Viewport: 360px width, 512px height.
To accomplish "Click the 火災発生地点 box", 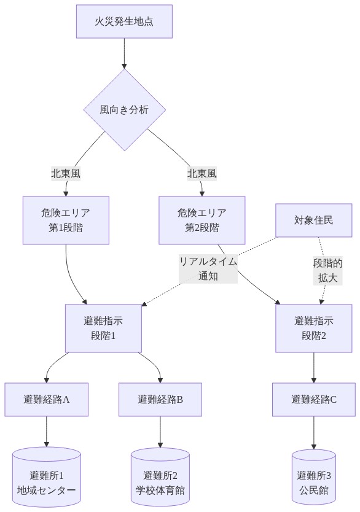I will [124, 21].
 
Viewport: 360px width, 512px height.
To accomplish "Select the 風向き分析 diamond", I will [124, 110].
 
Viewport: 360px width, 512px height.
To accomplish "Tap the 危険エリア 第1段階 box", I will [66, 220].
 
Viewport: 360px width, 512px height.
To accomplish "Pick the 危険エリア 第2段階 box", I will [202, 220].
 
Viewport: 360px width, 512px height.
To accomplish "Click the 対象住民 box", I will [314, 220].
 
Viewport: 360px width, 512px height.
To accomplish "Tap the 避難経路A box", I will [47, 400].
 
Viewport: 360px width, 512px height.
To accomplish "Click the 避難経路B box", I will [160, 400].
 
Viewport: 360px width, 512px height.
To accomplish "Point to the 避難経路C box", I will [314, 400].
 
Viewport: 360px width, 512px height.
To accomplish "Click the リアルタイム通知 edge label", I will [208, 269].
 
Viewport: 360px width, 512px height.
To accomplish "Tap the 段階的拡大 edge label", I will [327, 270].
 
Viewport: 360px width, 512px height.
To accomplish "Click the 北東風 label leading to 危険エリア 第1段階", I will [66, 174].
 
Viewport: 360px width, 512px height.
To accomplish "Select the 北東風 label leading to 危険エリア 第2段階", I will [202, 174].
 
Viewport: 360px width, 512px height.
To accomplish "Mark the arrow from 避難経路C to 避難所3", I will [314, 433].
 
